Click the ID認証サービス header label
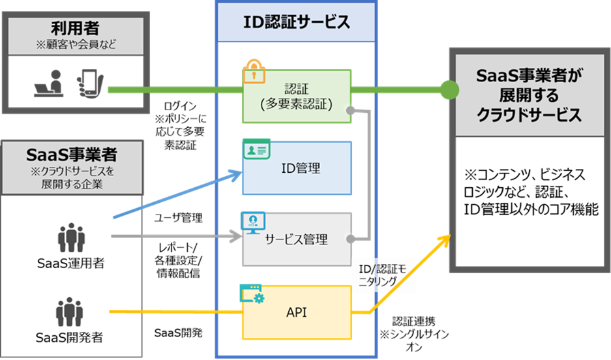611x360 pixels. coord(297,22)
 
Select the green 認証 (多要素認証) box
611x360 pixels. coord(297,96)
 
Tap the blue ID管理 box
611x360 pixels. coord(297,169)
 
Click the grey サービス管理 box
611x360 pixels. coord(297,239)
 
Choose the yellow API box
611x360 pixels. coord(297,312)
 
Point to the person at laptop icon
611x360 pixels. coord(50,84)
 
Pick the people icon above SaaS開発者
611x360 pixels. coord(70,312)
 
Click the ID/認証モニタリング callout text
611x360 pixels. coord(383,277)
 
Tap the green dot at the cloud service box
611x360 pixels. coord(448,89)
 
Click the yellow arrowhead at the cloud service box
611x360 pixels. coord(446,239)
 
